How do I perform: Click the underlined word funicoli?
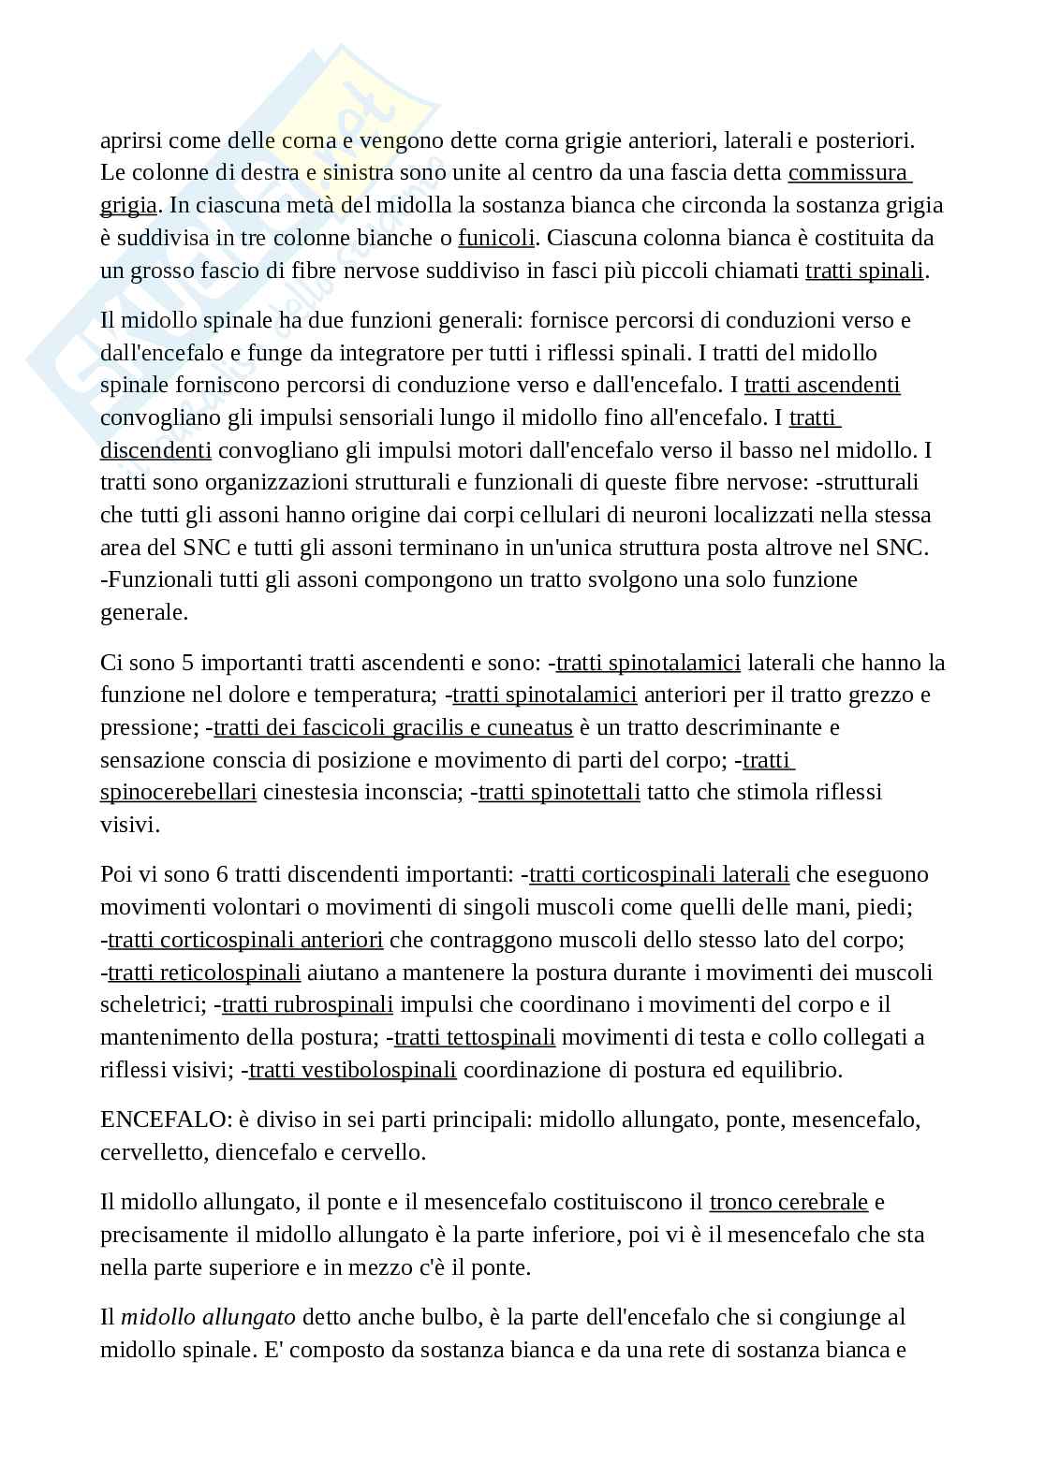(x=496, y=238)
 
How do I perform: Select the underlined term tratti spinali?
(x=864, y=271)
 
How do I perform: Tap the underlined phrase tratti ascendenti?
(x=822, y=385)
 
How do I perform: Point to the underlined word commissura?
(x=848, y=173)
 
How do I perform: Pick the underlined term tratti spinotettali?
(x=559, y=792)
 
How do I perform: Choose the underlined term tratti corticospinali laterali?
(x=659, y=874)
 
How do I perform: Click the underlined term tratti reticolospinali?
(x=204, y=972)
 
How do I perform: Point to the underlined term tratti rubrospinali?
(x=307, y=1004)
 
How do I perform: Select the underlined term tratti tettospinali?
(x=475, y=1037)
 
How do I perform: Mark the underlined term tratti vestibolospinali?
(x=353, y=1069)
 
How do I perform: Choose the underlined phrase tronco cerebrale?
(x=788, y=1201)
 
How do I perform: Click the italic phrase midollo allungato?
(x=208, y=1317)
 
